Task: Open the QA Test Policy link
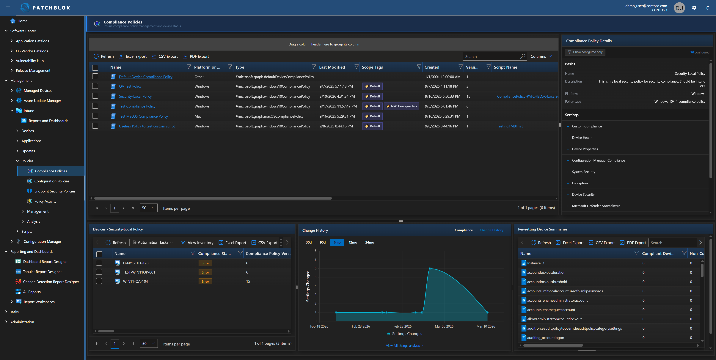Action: (x=130, y=86)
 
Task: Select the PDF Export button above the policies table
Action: (x=196, y=56)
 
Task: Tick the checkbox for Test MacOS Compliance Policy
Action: (x=95, y=116)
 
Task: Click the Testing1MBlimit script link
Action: (x=510, y=126)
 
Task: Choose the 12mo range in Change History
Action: (x=353, y=242)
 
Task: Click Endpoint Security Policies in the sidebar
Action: (x=55, y=191)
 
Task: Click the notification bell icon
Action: (x=708, y=8)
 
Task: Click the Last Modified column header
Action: (x=332, y=67)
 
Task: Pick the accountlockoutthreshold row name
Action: (x=547, y=282)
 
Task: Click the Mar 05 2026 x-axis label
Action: (x=444, y=326)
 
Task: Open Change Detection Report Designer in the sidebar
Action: (x=51, y=282)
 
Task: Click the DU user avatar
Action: (x=679, y=8)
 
